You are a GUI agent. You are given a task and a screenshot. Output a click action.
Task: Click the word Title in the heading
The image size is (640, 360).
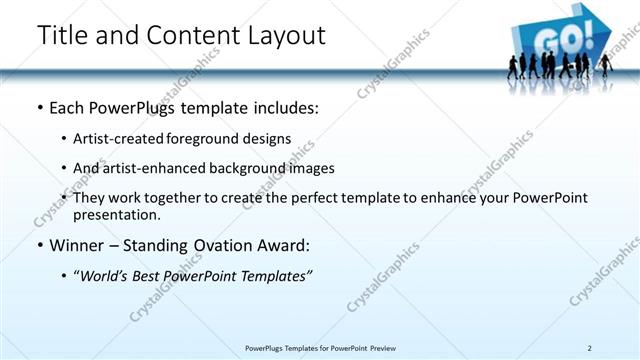pyautogui.click(x=59, y=35)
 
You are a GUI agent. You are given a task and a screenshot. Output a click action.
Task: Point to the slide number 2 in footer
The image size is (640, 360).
pyautogui.click(x=590, y=348)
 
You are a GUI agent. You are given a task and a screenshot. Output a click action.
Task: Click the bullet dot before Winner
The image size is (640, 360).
pyautogui.click(x=39, y=245)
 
